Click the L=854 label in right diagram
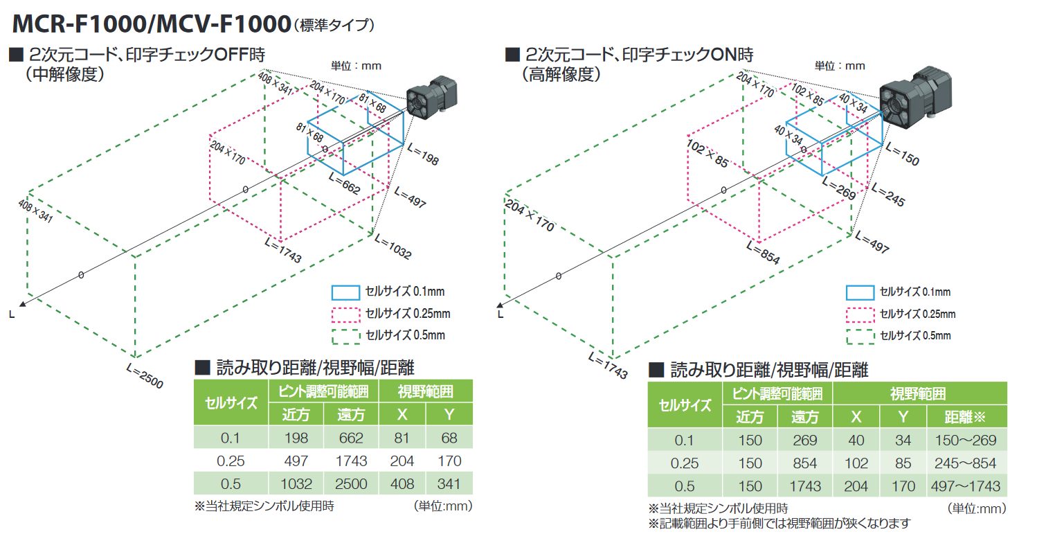[764, 253]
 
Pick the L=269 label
[840, 188]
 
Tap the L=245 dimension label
[888, 195]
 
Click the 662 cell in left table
[352, 438]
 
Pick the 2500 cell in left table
[352, 484]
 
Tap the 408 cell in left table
[402, 484]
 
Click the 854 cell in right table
[805, 463]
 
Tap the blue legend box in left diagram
[346, 292]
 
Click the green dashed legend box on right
[859, 336]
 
